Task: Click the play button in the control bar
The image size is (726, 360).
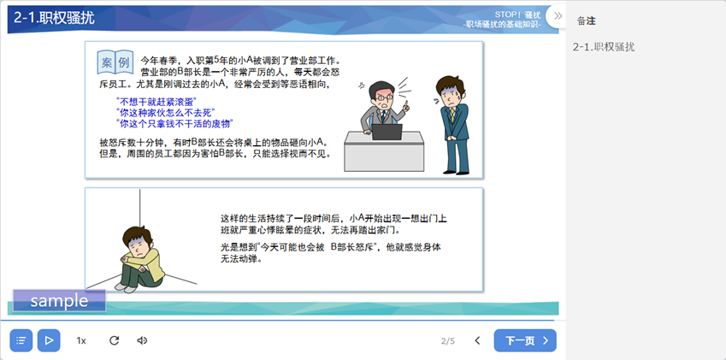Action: pos(49,340)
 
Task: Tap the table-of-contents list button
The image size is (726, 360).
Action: pos(21,340)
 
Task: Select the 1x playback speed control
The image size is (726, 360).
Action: pos(81,340)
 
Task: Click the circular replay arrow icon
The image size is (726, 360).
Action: pos(114,340)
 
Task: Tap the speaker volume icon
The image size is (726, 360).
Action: pos(142,340)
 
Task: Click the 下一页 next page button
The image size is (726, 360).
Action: pos(525,340)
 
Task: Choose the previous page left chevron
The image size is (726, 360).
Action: pos(477,340)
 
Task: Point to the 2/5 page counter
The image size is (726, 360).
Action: pos(448,341)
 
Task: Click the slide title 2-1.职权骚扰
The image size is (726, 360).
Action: pos(54,18)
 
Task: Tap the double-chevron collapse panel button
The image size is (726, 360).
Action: pos(558,15)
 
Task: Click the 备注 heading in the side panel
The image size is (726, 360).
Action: pos(586,21)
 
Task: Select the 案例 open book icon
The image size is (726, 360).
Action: pos(115,62)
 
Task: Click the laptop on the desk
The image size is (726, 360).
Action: pos(387,132)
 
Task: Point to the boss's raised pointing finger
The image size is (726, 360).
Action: pos(405,105)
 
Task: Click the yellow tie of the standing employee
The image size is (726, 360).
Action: pos(452,115)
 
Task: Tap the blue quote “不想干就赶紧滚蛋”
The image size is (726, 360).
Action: pos(156,102)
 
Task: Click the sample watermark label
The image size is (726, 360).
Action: pos(59,301)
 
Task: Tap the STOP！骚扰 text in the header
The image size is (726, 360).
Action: pos(517,15)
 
